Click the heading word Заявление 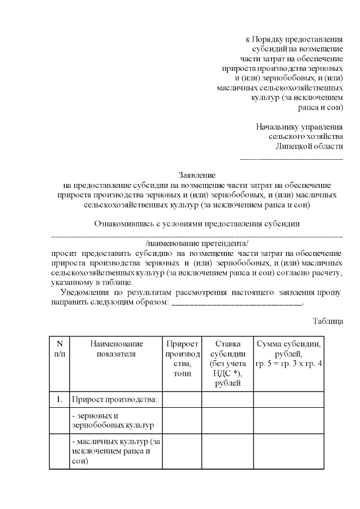[197, 175]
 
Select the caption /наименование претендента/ [197, 243]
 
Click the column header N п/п [59, 349]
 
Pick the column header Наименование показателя [116, 349]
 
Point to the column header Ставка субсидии [227, 363]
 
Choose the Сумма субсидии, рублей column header [288, 354]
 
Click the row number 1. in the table [59, 399]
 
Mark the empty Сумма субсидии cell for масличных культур [288, 451]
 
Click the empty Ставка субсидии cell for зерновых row [227, 421]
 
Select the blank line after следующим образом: [236, 303]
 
